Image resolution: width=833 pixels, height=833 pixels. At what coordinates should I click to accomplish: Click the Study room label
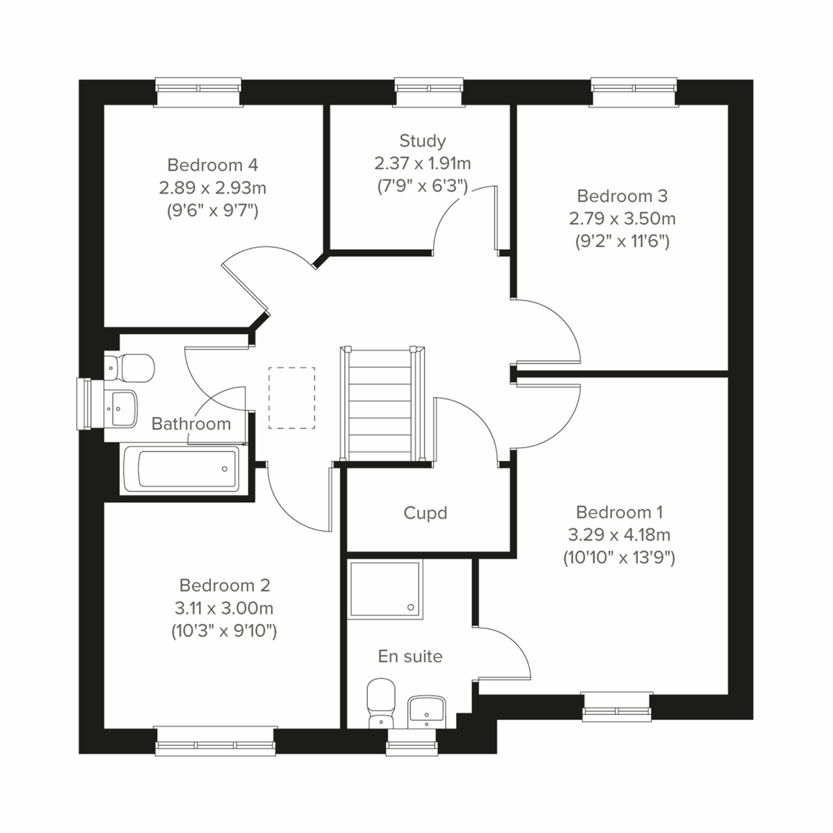coord(422,141)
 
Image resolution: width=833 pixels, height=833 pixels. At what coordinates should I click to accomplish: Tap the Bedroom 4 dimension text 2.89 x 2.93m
coord(212,187)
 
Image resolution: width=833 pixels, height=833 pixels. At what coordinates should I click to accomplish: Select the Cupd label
coord(425,513)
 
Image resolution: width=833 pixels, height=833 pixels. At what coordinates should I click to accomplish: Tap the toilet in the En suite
coord(379,702)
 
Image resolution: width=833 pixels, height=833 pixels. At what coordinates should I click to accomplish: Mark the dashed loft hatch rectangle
coord(292,398)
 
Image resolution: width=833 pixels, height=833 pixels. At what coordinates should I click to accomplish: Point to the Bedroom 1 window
coord(617,704)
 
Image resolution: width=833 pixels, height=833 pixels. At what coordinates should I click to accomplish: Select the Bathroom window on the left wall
coord(85,404)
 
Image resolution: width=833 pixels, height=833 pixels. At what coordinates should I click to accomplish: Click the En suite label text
coord(410,656)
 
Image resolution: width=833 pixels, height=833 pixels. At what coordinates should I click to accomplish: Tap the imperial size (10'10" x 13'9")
coord(619,557)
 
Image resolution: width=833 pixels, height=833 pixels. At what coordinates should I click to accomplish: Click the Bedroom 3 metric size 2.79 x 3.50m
coord(622,219)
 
